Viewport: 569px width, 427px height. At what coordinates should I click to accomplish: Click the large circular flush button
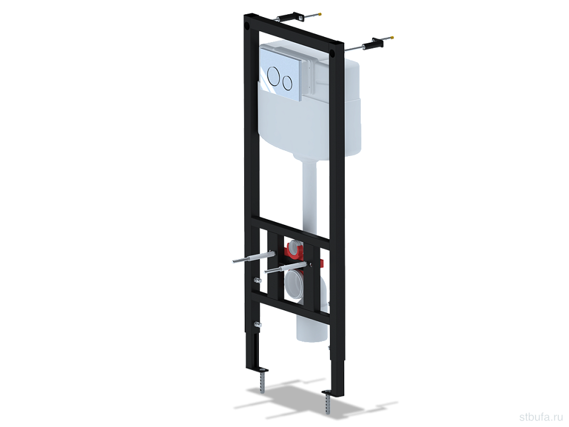pyautogui.click(x=274, y=77)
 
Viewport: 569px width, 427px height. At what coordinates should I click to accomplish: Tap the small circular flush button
pyautogui.click(x=287, y=83)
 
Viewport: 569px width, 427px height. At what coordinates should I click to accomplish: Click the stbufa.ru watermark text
pyautogui.click(x=542, y=416)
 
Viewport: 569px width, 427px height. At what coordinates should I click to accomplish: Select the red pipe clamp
pyautogui.click(x=295, y=251)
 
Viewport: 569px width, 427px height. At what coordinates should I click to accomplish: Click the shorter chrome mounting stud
pyautogui.click(x=286, y=268)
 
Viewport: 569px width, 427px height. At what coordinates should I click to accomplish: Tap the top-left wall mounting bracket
pyautogui.click(x=290, y=18)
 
